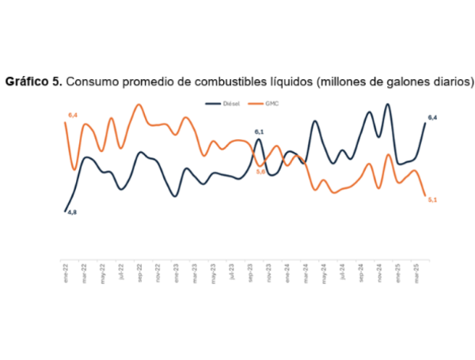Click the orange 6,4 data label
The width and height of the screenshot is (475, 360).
coord(72,116)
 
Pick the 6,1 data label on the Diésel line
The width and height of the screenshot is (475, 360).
coord(259,132)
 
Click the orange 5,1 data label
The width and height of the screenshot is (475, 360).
coord(432,199)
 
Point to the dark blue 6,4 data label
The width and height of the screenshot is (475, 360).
coord(432,118)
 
